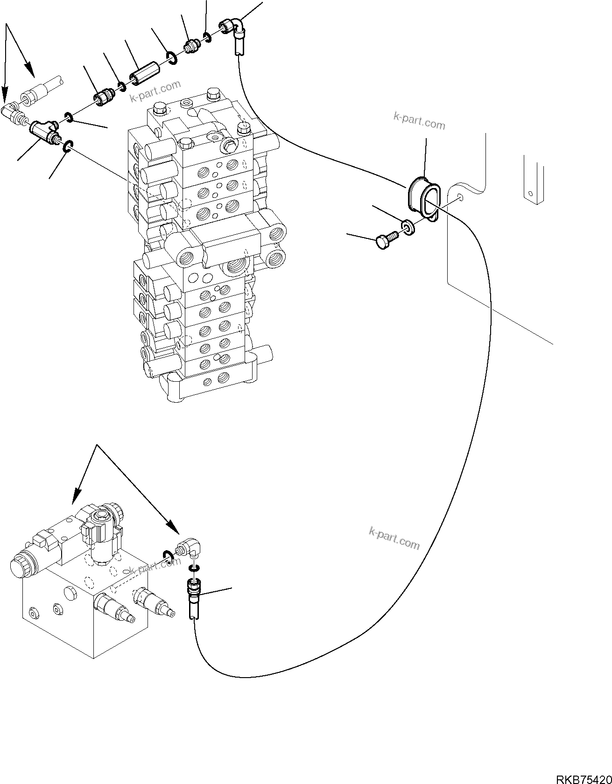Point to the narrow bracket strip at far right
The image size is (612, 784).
pos(534,180)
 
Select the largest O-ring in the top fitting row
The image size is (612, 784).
pos(171,58)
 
